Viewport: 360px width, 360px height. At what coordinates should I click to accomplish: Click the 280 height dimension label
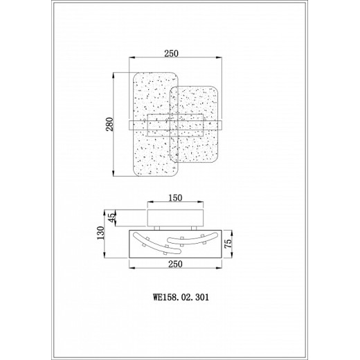(x=110, y=124)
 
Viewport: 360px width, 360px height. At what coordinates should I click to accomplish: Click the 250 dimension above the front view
(x=171, y=53)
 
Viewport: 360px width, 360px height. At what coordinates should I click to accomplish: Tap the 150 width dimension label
(x=175, y=198)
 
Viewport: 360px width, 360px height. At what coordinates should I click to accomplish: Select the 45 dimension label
(x=111, y=217)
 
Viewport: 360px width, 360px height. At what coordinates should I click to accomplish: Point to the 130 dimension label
(x=100, y=233)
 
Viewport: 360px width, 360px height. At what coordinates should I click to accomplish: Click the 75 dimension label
(x=228, y=244)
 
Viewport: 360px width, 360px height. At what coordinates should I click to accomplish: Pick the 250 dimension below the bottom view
(x=175, y=264)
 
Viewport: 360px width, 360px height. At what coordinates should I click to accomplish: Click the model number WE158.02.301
(x=181, y=297)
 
